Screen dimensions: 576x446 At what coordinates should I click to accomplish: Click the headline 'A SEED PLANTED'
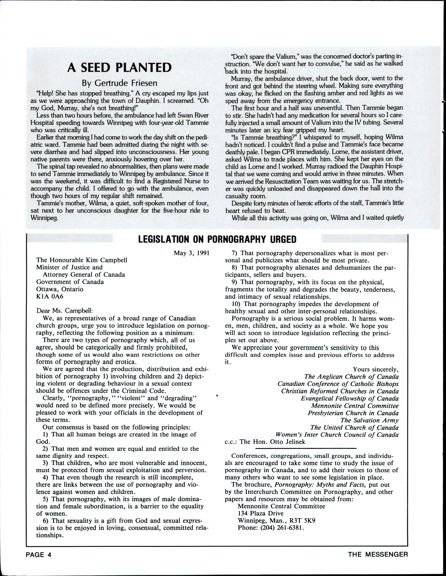(119, 68)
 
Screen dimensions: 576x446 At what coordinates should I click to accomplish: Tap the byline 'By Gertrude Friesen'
(119, 83)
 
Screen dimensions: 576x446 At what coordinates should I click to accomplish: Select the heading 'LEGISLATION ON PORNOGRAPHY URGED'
(217, 239)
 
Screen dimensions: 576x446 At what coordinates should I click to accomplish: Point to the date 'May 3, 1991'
(192, 253)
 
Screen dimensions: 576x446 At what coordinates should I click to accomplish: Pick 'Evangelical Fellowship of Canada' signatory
(350, 398)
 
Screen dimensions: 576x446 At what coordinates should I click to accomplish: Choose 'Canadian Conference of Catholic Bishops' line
(338, 384)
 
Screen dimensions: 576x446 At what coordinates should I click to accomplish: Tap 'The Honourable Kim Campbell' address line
(82, 260)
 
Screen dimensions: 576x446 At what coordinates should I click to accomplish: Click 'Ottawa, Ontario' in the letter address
(60, 289)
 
